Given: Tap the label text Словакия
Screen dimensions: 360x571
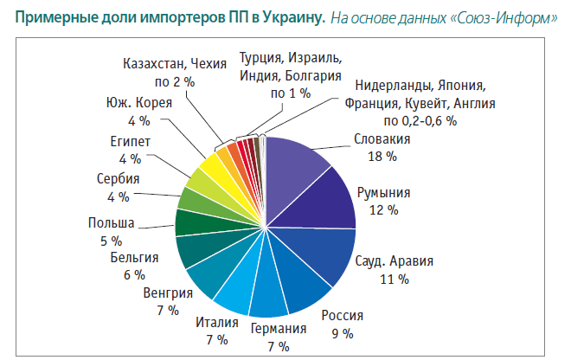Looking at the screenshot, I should click(x=382, y=139).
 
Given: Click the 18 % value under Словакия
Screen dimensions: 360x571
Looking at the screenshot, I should click(x=382, y=157).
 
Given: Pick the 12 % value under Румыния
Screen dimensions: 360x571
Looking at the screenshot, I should click(x=382, y=210).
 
